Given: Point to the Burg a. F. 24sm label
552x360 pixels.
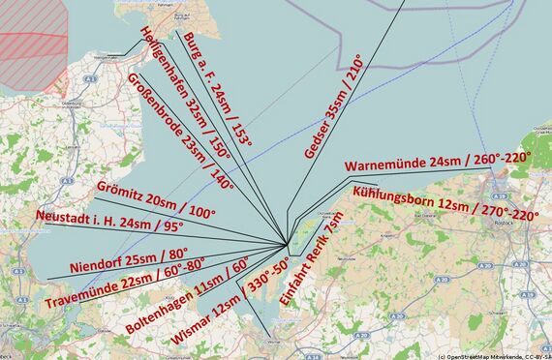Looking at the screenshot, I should [x=215, y=88].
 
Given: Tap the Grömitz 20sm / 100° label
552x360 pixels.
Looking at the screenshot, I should [x=156, y=197].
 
